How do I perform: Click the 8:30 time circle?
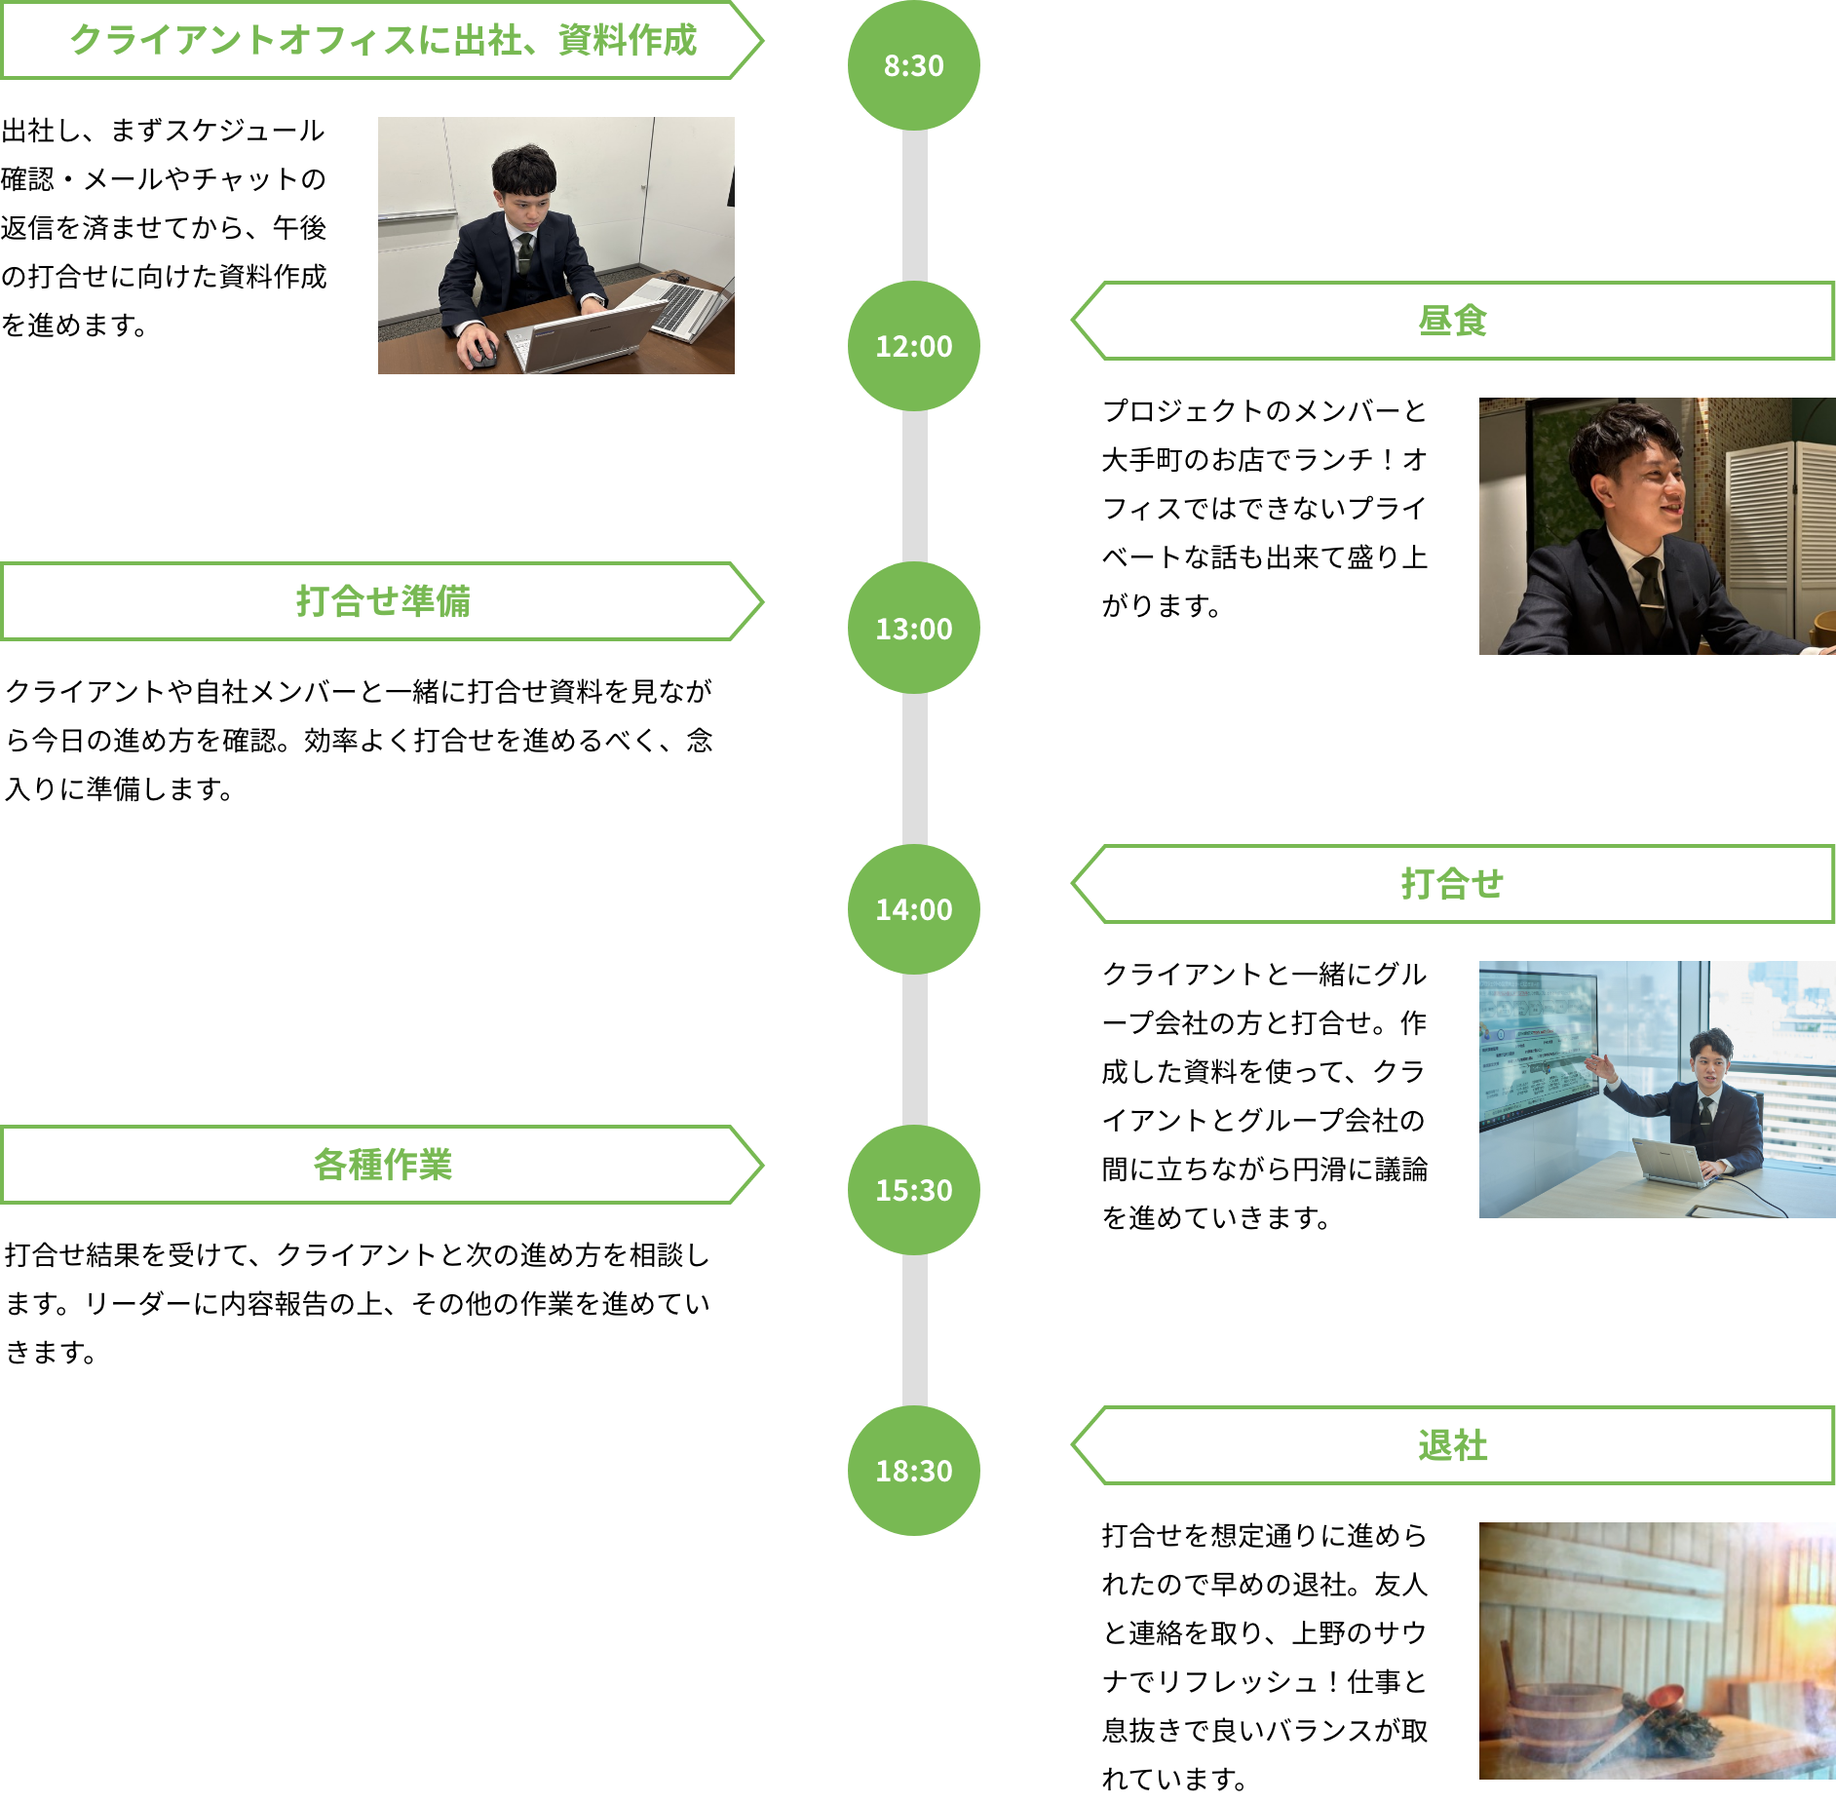913,65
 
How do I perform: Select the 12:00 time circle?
913,346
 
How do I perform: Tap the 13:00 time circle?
913,628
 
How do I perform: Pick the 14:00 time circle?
913,909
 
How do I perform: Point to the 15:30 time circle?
913,1190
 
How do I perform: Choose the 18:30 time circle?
913,1471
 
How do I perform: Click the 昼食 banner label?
1452,321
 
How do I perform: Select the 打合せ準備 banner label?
383,601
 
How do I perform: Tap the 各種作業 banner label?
383,1165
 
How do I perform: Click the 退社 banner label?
1452,1445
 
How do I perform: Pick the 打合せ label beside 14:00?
1452,884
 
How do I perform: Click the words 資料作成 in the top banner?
628,41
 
